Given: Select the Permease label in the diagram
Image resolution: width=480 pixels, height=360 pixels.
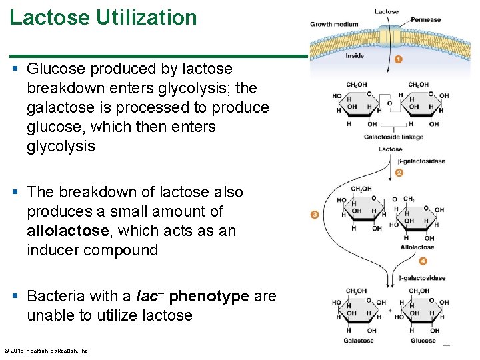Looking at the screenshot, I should click(x=425, y=20).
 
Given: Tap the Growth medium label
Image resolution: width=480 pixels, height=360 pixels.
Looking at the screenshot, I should click(x=334, y=25).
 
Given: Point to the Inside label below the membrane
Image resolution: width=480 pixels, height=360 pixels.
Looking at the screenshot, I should click(x=355, y=56).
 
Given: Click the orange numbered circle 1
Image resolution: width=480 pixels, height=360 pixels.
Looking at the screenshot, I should click(x=399, y=59).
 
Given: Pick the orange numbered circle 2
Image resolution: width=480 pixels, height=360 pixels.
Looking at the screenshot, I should click(x=399, y=173).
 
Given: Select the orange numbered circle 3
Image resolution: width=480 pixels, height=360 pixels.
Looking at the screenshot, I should click(x=315, y=214).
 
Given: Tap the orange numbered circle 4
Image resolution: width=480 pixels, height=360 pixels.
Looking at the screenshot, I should click(x=423, y=261).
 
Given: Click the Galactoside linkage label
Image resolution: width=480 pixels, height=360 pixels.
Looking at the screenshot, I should click(x=393, y=137).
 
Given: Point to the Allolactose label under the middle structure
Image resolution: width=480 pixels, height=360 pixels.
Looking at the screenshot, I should click(x=417, y=247).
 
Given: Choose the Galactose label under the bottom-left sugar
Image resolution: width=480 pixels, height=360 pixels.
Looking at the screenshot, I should click(x=358, y=341).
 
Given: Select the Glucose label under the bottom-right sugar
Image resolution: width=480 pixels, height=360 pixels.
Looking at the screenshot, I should click(x=423, y=341).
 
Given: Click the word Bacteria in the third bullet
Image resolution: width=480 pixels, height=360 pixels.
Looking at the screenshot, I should click(x=55, y=296).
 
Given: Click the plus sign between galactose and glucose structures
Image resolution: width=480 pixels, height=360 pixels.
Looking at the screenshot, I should click(x=390, y=311).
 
